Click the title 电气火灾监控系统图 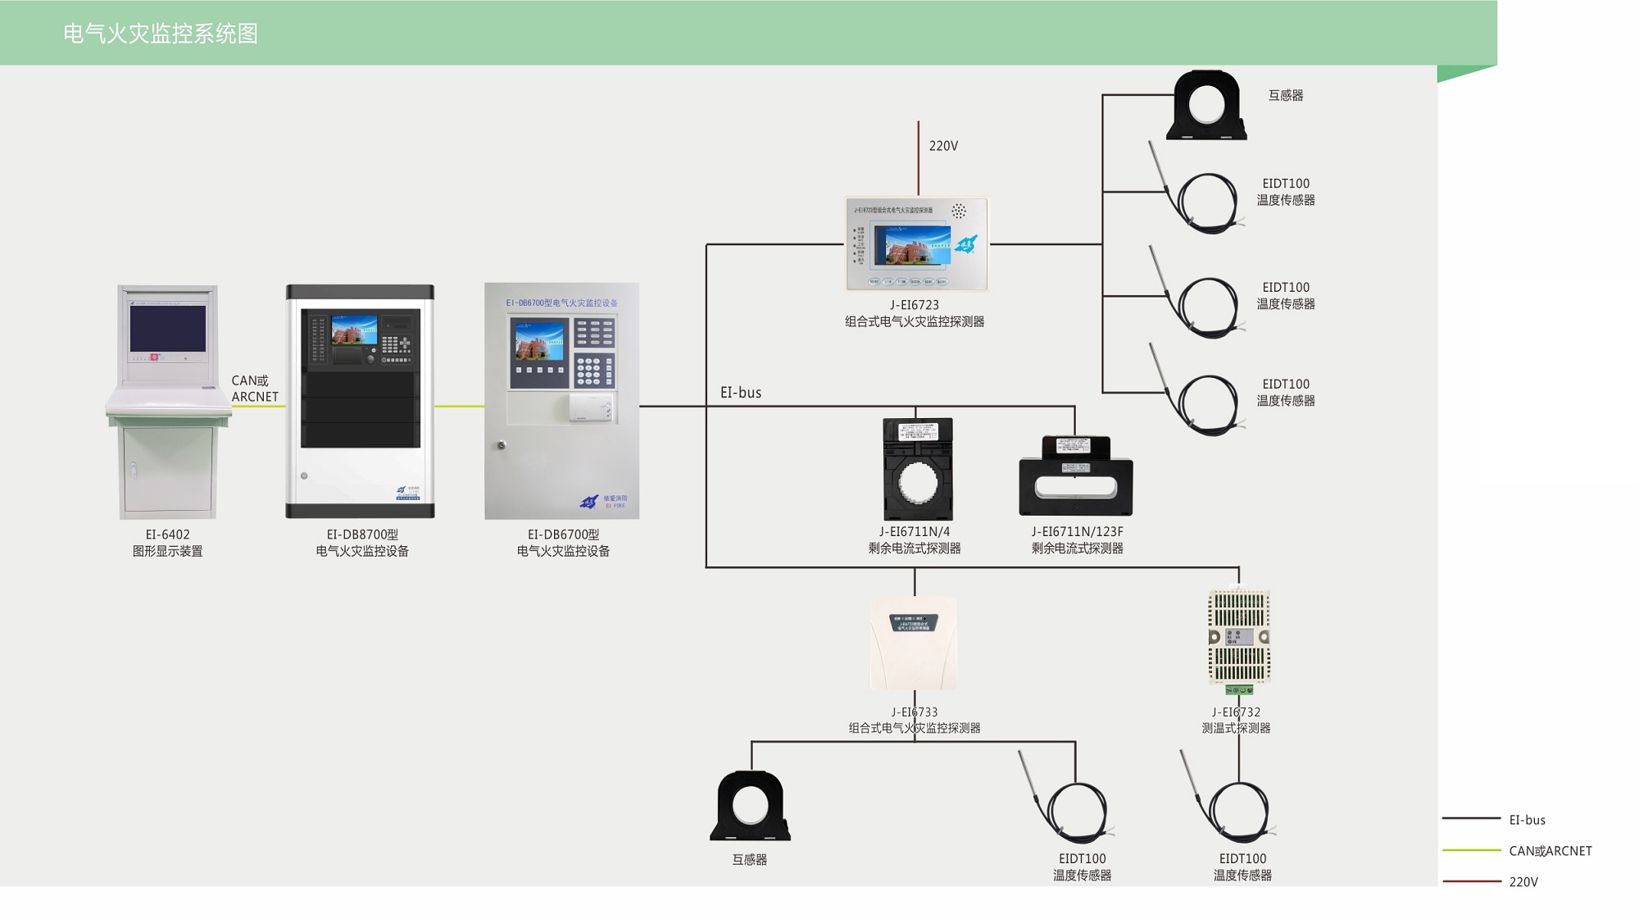coord(161,34)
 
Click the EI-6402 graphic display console coord(168,402)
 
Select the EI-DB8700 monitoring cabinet coord(360,402)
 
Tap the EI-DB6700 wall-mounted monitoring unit coord(562,401)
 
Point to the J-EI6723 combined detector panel coord(916,243)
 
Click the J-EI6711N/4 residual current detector coord(917,469)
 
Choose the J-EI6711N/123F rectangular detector coord(1075,477)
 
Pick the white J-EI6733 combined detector coord(913,644)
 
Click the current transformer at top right coord(1206,106)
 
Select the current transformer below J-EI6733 coord(750,807)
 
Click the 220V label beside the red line coord(943,146)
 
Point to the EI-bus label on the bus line coord(741,393)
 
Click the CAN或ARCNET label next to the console coord(255,389)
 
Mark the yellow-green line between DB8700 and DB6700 coord(459,406)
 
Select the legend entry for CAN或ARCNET coord(1550,851)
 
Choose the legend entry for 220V coord(1523,882)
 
